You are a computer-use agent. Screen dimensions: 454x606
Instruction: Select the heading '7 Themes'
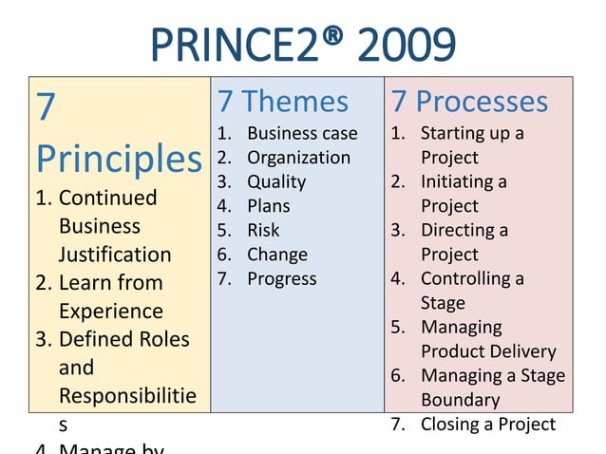coord(283,101)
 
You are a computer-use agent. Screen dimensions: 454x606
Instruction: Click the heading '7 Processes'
coord(469,101)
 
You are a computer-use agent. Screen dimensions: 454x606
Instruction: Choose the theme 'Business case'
coord(302,133)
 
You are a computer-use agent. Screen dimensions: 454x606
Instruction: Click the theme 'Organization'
coord(298,158)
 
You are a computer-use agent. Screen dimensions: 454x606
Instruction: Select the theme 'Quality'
coord(276,181)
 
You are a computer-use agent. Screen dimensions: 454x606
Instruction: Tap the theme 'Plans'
coord(269,206)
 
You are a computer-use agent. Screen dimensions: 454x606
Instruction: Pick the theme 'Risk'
coord(263,230)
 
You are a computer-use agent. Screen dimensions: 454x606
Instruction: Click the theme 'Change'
coord(277,255)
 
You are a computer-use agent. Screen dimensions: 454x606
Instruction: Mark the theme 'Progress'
coord(282,278)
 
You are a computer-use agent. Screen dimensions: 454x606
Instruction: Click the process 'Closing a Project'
coord(487,424)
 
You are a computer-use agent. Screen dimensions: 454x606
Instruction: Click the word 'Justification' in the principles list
coord(115,255)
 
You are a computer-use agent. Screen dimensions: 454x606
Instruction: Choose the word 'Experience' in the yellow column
coord(110,311)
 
